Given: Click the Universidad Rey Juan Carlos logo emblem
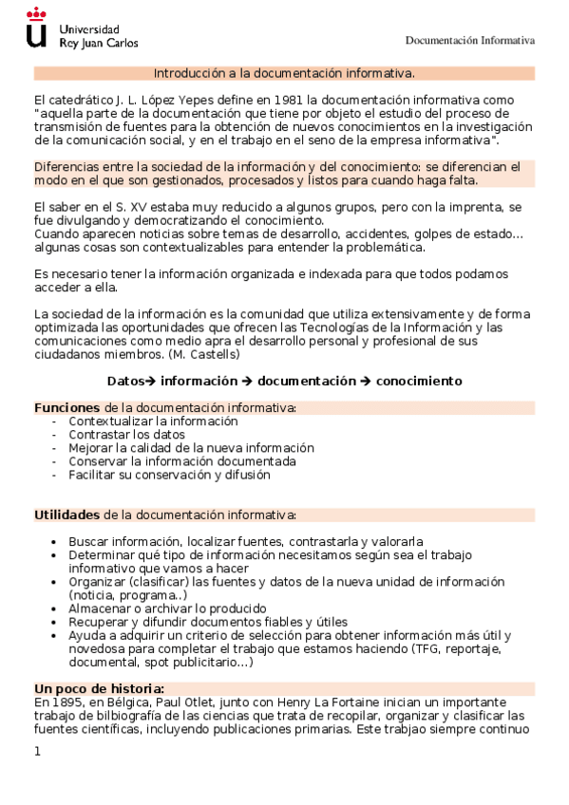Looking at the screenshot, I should pos(36,28).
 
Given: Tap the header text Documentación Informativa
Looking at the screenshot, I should pos(470,41).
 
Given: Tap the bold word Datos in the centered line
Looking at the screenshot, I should pos(124,381).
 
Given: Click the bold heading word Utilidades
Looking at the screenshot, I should pos(67,515).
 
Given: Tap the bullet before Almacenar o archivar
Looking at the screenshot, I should pos(62,608).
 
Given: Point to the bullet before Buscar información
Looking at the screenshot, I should pos(62,541).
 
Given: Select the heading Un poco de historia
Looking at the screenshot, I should pos(100,688).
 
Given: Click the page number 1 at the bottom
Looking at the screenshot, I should pos(38,751).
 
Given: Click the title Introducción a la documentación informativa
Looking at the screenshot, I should pos(284,72).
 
